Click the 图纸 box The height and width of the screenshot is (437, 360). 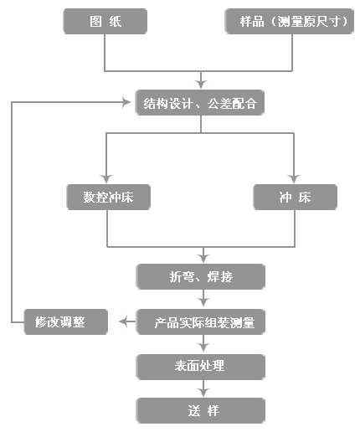click(105, 22)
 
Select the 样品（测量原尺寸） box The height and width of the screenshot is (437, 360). click(290, 22)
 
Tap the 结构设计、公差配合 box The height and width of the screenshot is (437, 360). click(200, 102)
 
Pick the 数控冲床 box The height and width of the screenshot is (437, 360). click(109, 197)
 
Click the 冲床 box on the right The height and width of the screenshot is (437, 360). click(296, 197)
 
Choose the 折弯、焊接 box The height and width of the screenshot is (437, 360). click(201, 276)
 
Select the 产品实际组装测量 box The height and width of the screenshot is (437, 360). click(201, 321)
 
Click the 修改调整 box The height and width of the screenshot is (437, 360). click(66, 321)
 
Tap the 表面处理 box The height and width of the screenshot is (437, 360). click(201, 367)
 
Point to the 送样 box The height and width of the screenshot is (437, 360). click(201, 410)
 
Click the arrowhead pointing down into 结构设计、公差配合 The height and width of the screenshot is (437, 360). click(201, 84)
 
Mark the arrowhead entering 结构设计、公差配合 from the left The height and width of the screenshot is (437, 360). click(126, 102)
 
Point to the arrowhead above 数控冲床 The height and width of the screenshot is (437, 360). click(106, 178)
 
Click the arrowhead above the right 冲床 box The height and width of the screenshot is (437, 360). click(294, 178)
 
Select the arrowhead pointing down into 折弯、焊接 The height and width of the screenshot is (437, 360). click(203, 259)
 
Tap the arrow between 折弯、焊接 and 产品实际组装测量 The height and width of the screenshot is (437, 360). click(203, 298)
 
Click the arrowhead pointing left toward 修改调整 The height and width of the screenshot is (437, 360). click(123, 321)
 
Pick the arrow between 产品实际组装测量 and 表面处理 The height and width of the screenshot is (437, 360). click(203, 343)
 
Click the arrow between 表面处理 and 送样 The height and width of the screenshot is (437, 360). click(203, 388)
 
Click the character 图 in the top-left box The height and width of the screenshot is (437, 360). click(95, 22)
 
